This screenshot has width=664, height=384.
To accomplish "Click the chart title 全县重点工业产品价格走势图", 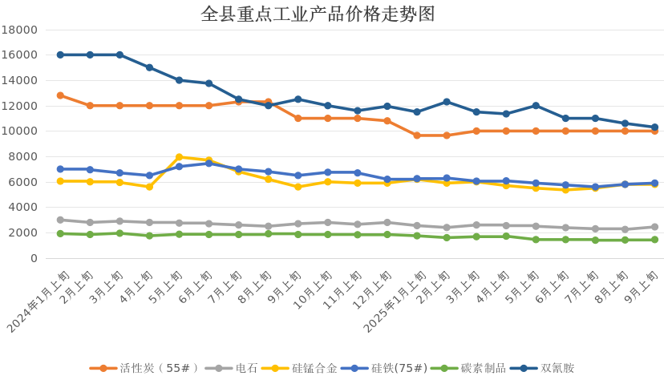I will point(318,14).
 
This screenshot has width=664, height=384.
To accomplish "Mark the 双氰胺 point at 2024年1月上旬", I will point(60,55).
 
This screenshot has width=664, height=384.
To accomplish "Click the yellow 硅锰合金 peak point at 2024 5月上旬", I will point(179,157).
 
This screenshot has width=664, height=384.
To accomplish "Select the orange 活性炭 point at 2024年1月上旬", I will point(60,95).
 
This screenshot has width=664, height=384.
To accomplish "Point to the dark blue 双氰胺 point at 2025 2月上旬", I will point(447,102).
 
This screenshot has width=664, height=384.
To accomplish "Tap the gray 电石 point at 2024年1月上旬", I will point(60,220).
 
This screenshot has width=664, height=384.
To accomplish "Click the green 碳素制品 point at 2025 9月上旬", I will point(654,240).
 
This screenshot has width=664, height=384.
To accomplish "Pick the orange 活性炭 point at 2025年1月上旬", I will point(417,135).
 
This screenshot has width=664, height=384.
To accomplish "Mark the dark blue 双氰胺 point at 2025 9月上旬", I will point(654,127).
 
